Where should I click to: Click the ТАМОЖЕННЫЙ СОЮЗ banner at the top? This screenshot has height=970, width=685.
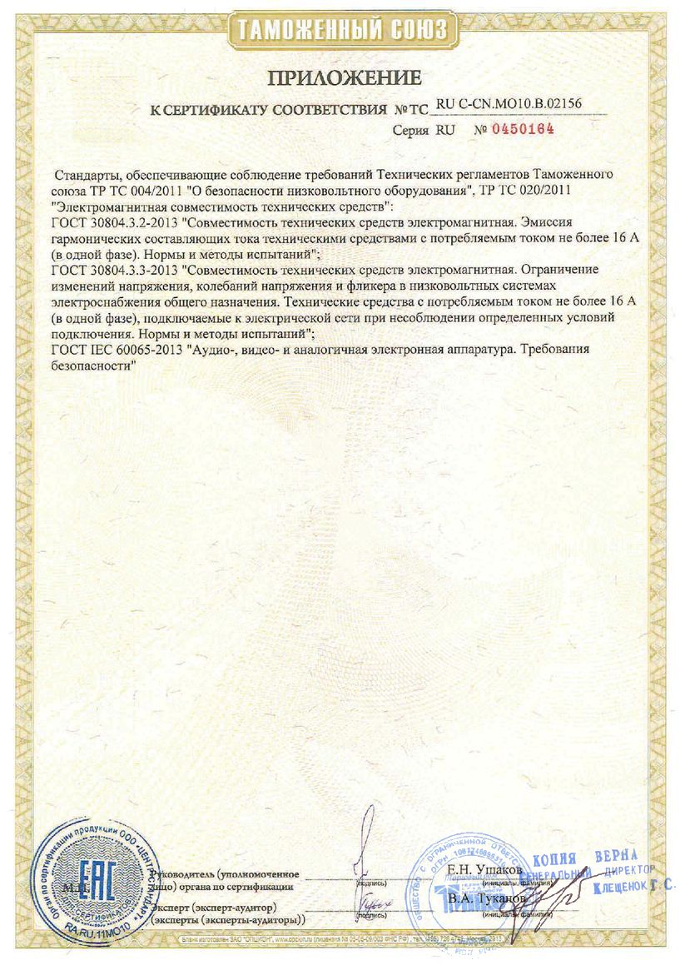click(x=342, y=31)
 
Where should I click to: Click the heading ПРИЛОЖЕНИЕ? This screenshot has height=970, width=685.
click(x=344, y=79)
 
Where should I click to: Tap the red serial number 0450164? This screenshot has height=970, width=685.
click(x=523, y=129)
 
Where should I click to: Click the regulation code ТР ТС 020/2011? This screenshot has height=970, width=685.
click(x=523, y=191)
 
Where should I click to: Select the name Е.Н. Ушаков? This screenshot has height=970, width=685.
click(x=484, y=869)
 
